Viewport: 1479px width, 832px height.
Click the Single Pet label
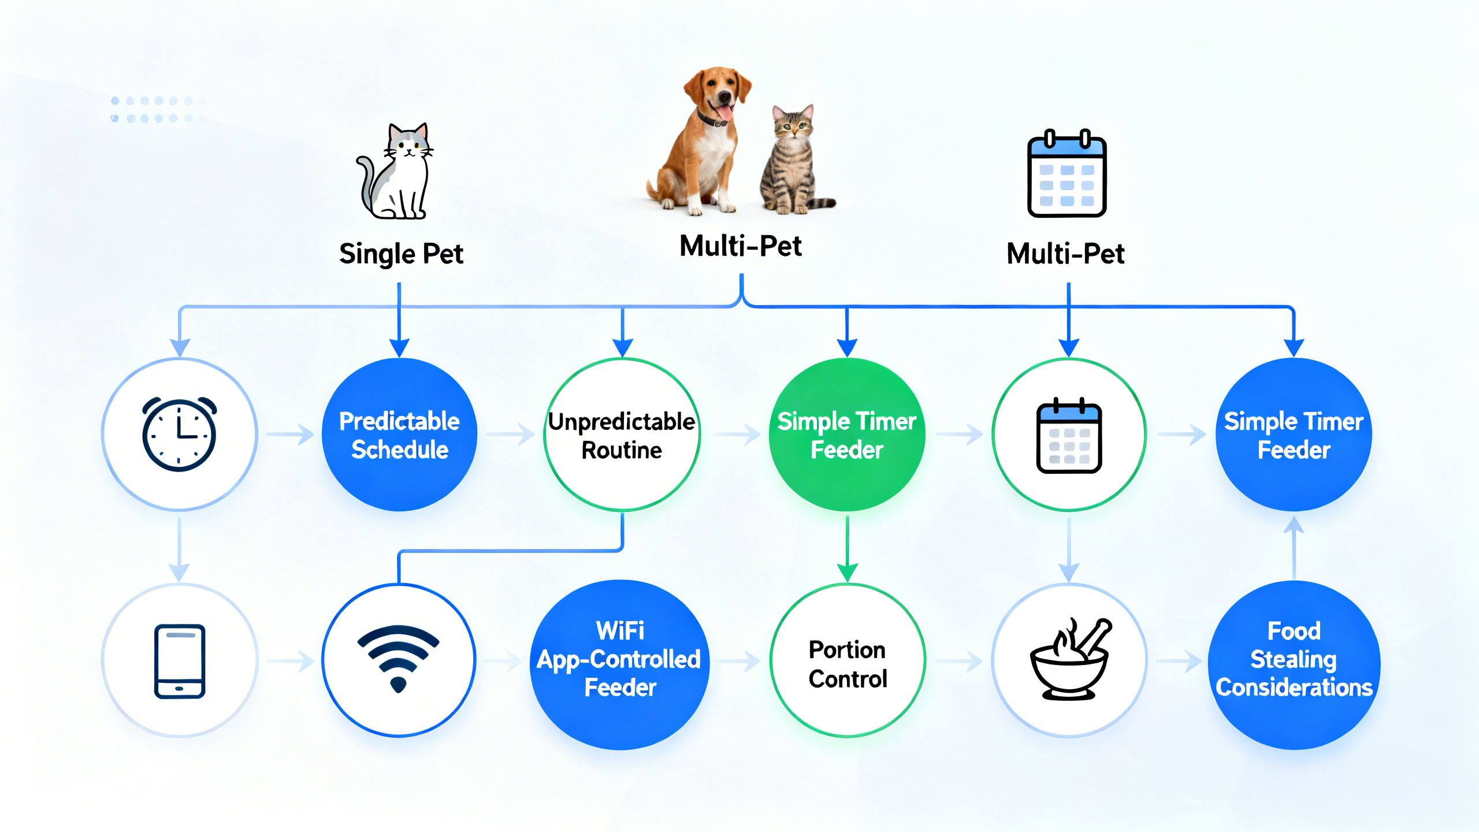401,254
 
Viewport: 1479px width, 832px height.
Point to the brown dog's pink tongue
724,112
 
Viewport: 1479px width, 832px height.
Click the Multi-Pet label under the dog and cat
740,247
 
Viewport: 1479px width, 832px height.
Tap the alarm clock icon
179,434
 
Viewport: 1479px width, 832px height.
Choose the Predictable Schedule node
399,434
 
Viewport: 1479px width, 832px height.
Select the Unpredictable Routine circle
622,434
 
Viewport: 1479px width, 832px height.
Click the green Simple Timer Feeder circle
847,434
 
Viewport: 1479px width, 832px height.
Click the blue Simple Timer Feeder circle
1294,434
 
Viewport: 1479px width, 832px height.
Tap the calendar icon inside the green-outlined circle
1069,436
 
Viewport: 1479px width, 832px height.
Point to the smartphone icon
180,661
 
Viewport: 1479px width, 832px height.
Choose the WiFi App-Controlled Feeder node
619,660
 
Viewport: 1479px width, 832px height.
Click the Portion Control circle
848,663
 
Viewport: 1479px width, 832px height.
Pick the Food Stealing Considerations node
1294,660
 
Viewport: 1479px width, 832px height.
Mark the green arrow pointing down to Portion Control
847,549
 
